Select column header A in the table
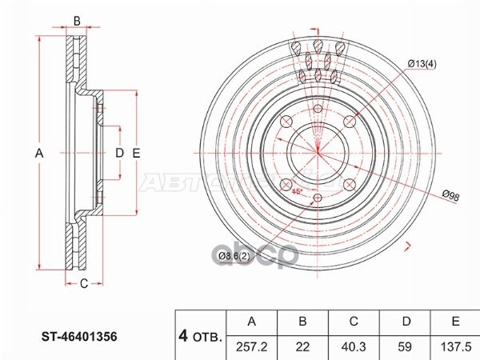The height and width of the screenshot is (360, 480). click(x=253, y=322)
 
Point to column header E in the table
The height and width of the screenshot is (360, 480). click(x=454, y=322)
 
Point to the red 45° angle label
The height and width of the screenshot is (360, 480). click(x=296, y=192)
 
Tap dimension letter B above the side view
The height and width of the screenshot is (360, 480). click(x=77, y=21)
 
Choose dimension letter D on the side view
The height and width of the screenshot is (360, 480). click(x=119, y=152)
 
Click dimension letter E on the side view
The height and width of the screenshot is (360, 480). click(x=137, y=152)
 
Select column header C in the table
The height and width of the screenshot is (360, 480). click(x=354, y=322)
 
